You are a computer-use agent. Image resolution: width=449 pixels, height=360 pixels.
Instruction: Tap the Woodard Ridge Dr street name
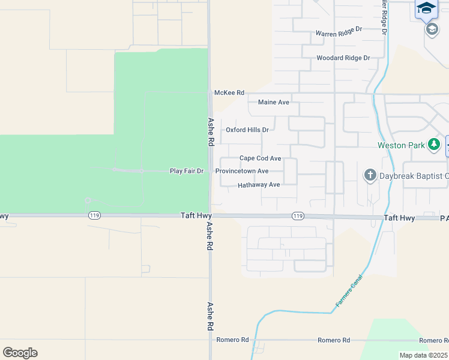pos(343,58)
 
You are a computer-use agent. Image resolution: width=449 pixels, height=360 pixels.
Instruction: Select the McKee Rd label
pos(229,93)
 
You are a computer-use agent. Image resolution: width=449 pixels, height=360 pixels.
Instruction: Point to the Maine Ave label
pos(273,103)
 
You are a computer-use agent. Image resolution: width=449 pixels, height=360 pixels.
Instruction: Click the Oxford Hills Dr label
pos(247,130)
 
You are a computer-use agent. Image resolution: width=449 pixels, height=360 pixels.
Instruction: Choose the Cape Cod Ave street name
pos(260,158)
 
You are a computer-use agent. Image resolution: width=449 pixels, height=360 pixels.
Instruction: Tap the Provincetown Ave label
pos(242,171)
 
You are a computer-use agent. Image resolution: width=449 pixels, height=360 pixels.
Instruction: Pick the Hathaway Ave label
pos(259,185)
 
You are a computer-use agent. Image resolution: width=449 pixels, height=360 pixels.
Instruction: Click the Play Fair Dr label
pos(187,171)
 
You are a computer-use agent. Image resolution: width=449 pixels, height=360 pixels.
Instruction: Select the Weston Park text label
pos(401,145)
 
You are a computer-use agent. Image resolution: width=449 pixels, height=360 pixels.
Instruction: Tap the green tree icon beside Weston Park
pos(433,145)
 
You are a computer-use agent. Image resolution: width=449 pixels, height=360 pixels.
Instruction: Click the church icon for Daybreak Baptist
pos(370,175)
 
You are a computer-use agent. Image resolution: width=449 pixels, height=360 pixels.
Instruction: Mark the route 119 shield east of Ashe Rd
pos(297,216)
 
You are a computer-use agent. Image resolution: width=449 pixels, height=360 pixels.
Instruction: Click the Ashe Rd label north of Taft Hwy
pos(211,132)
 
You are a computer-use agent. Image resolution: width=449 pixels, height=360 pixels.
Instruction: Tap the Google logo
pos(20,353)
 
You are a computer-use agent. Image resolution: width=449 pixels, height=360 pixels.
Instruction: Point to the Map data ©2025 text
pos(423,355)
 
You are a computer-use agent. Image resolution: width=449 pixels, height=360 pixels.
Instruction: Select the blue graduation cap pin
pos(426,8)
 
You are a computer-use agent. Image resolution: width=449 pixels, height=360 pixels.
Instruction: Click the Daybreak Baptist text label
pos(414,176)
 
